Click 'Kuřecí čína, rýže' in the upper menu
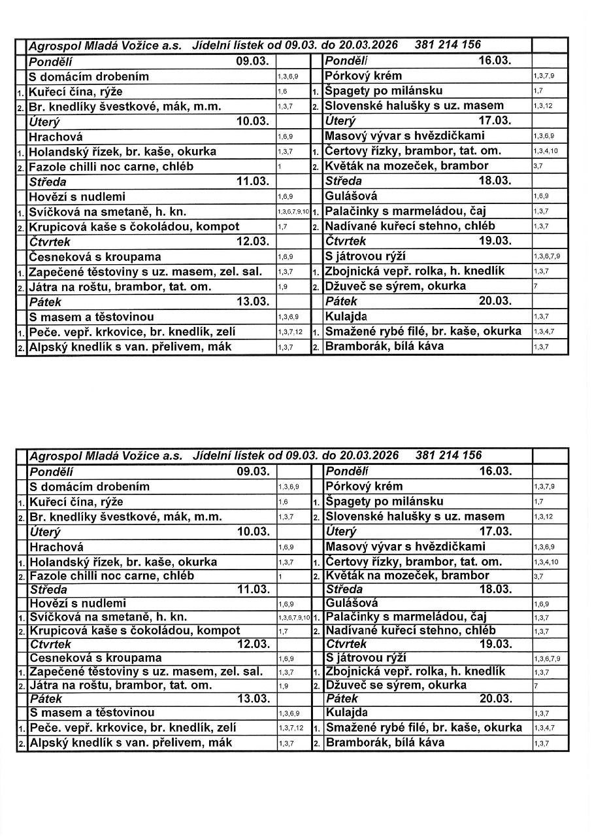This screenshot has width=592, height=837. click(76, 91)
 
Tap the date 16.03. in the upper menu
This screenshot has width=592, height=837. click(495, 61)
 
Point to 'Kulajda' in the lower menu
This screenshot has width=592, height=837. click(346, 712)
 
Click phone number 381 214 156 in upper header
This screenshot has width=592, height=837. click(448, 45)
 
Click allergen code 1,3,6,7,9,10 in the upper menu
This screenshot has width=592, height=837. click(293, 212)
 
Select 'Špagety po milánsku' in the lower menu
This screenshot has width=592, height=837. click(384, 502)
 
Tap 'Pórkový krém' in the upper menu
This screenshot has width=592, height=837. click(363, 76)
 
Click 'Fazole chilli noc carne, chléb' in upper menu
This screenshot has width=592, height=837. click(110, 166)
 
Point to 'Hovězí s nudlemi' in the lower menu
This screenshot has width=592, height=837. click(78, 603)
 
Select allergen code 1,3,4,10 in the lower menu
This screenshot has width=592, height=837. click(546, 562)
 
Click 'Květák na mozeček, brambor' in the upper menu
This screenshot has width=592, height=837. click(406, 166)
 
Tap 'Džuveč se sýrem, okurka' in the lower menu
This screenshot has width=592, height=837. click(396, 685)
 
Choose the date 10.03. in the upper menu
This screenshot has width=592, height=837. click(253, 122)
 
